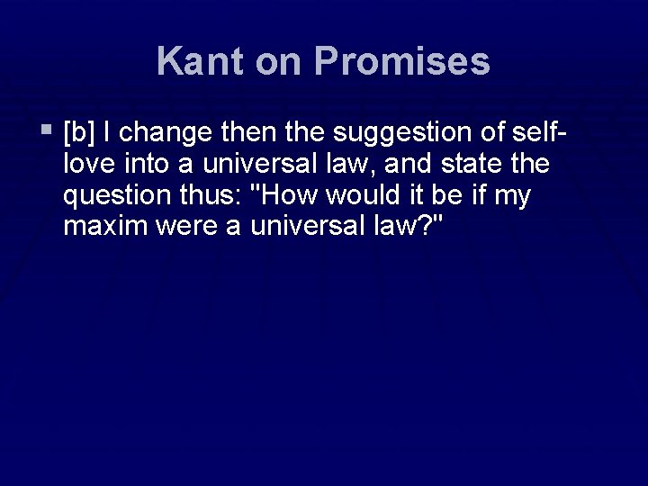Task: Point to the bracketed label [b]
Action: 80,135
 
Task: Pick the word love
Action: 88,166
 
